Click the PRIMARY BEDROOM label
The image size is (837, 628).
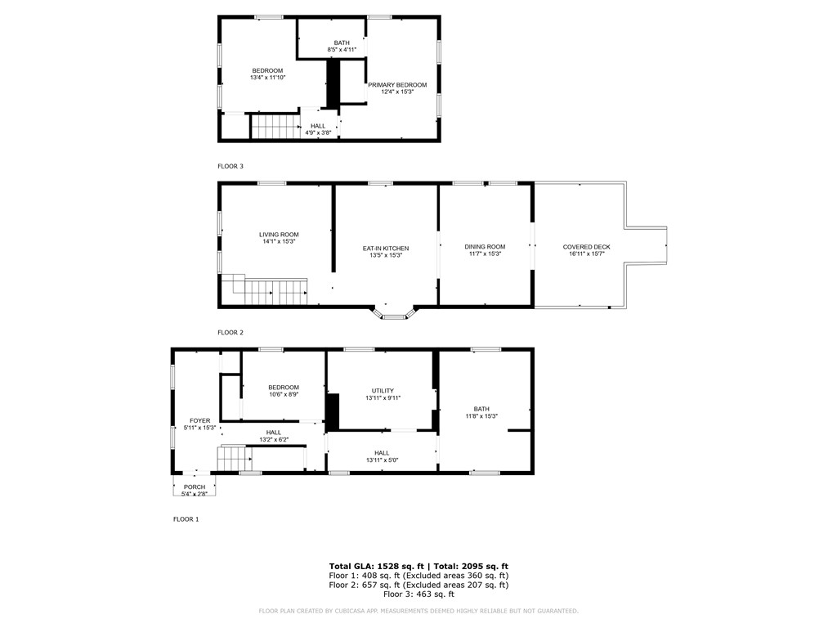(397, 85)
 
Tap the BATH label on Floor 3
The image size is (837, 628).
(342, 43)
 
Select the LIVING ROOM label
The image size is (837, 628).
(279, 235)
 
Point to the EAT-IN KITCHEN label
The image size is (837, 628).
(386, 249)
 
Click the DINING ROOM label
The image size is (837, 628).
(485, 247)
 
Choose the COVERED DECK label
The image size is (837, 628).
(586, 247)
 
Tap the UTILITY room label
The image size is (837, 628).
(383, 391)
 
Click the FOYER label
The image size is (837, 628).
(200, 421)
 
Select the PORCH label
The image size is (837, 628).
(195, 487)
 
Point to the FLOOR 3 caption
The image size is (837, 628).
(231, 166)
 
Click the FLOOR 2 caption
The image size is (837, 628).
(231, 333)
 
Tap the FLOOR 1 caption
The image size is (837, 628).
(186, 519)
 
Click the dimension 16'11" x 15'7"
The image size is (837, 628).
(586, 254)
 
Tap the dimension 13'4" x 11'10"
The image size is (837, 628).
(267, 78)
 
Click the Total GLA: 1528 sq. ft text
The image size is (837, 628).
(376, 566)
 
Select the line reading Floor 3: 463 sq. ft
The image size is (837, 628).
(418, 594)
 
